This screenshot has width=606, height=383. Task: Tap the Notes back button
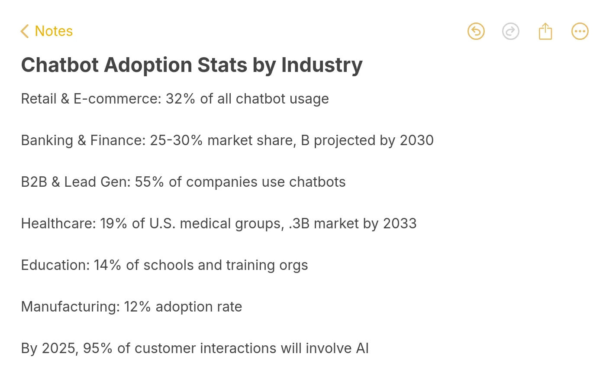tap(47, 31)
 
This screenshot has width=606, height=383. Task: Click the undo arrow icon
tap(476, 31)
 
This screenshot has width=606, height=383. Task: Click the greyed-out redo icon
tap(510, 31)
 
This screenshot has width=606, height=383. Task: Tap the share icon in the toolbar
tap(545, 31)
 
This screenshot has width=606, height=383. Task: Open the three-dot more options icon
tap(580, 31)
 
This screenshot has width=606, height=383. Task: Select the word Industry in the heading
tap(322, 65)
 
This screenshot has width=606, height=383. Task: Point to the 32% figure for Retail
tap(180, 99)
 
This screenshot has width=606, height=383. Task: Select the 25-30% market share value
tap(176, 140)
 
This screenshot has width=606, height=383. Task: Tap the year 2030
tap(416, 140)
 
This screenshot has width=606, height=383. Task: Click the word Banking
tap(47, 140)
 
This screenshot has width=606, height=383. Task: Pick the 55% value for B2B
tap(149, 182)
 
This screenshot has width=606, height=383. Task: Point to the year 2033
tap(400, 224)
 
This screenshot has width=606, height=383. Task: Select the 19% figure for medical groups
tap(113, 224)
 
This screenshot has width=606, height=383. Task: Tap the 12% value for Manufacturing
tap(137, 307)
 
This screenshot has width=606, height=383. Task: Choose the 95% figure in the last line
tap(97, 348)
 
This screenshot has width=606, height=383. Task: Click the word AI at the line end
tap(362, 348)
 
